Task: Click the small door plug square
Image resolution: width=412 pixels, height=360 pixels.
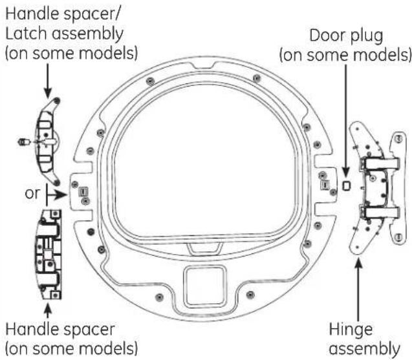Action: point(345,185)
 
